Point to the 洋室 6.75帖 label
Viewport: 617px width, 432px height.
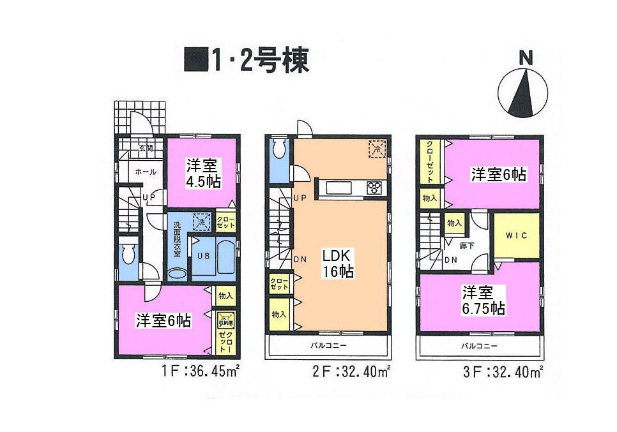tap(484, 301)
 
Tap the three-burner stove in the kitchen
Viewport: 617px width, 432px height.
tap(374, 188)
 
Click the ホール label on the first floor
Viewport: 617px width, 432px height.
tap(146, 172)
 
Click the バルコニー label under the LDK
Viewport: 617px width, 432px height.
tap(328, 345)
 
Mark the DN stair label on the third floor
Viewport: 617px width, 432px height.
tap(450, 260)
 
